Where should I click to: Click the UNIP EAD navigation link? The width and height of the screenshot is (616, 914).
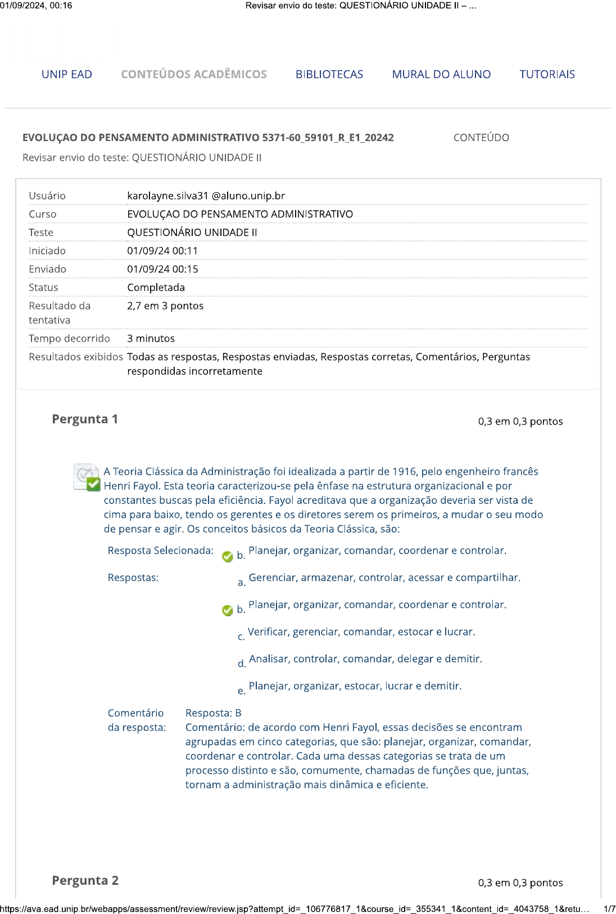tap(67, 74)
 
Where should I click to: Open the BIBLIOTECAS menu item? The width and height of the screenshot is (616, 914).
tap(329, 74)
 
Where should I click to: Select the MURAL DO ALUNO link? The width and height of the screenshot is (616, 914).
tap(441, 74)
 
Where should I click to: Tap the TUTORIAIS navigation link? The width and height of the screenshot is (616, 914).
tap(547, 74)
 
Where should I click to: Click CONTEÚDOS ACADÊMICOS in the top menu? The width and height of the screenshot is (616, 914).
tap(194, 74)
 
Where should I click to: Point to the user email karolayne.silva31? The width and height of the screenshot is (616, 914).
tap(206, 195)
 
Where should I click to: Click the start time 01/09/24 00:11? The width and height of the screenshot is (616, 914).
tap(162, 251)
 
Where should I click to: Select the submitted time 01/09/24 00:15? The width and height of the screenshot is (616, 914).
tap(162, 269)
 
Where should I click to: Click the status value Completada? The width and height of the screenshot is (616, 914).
tap(156, 287)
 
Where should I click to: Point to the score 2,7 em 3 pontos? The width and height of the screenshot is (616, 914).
tap(165, 306)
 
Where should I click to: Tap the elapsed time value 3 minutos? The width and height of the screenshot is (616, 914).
tap(151, 338)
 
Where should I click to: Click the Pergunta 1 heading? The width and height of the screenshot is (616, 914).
tap(85, 419)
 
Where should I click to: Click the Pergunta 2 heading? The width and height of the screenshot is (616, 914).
tap(85, 880)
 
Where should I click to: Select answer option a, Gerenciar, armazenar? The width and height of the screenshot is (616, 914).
tap(384, 577)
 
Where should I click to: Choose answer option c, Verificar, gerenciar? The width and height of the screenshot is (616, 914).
tap(361, 632)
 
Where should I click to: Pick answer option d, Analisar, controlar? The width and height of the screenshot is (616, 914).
tap(365, 659)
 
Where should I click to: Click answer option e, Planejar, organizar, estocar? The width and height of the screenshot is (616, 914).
tap(355, 686)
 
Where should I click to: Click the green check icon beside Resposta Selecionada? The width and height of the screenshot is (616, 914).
tap(228, 556)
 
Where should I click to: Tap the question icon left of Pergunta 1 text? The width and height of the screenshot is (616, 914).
tap(87, 478)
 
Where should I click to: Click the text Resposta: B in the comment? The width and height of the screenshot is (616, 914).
tap(213, 713)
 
